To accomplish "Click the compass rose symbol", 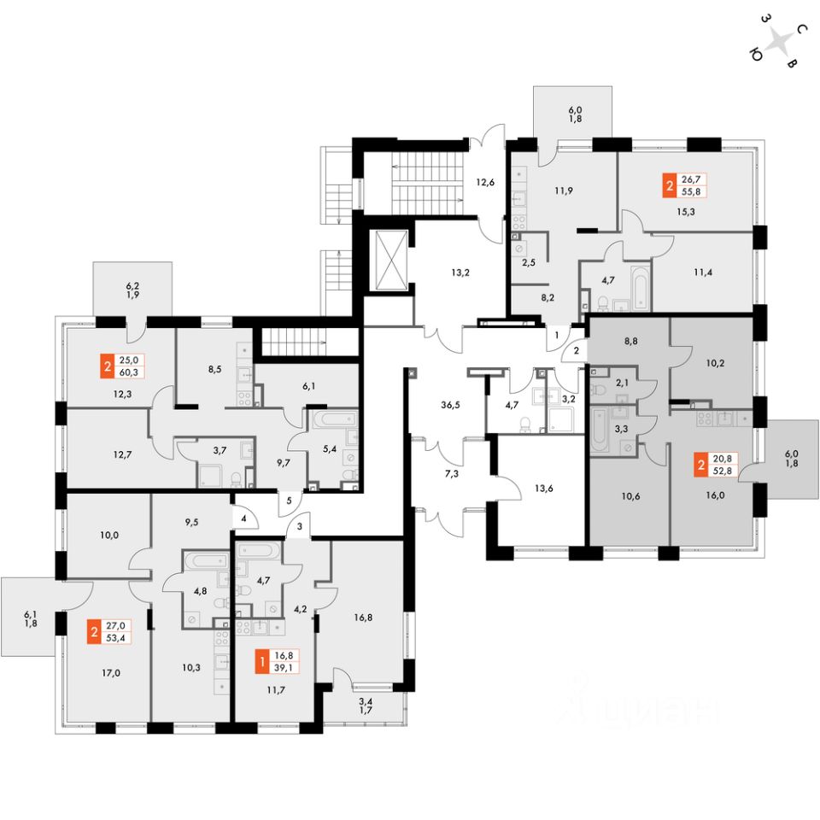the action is [x=777, y=42].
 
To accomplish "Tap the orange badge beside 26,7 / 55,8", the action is [x=668, y=184].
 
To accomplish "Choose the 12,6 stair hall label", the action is [x=486, y=180].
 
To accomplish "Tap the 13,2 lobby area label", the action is [x=461, y=274].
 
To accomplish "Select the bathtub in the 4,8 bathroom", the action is [x=205, y=562].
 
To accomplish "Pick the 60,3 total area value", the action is [x=132, y=372].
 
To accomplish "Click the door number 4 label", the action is [x=243, y=518].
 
